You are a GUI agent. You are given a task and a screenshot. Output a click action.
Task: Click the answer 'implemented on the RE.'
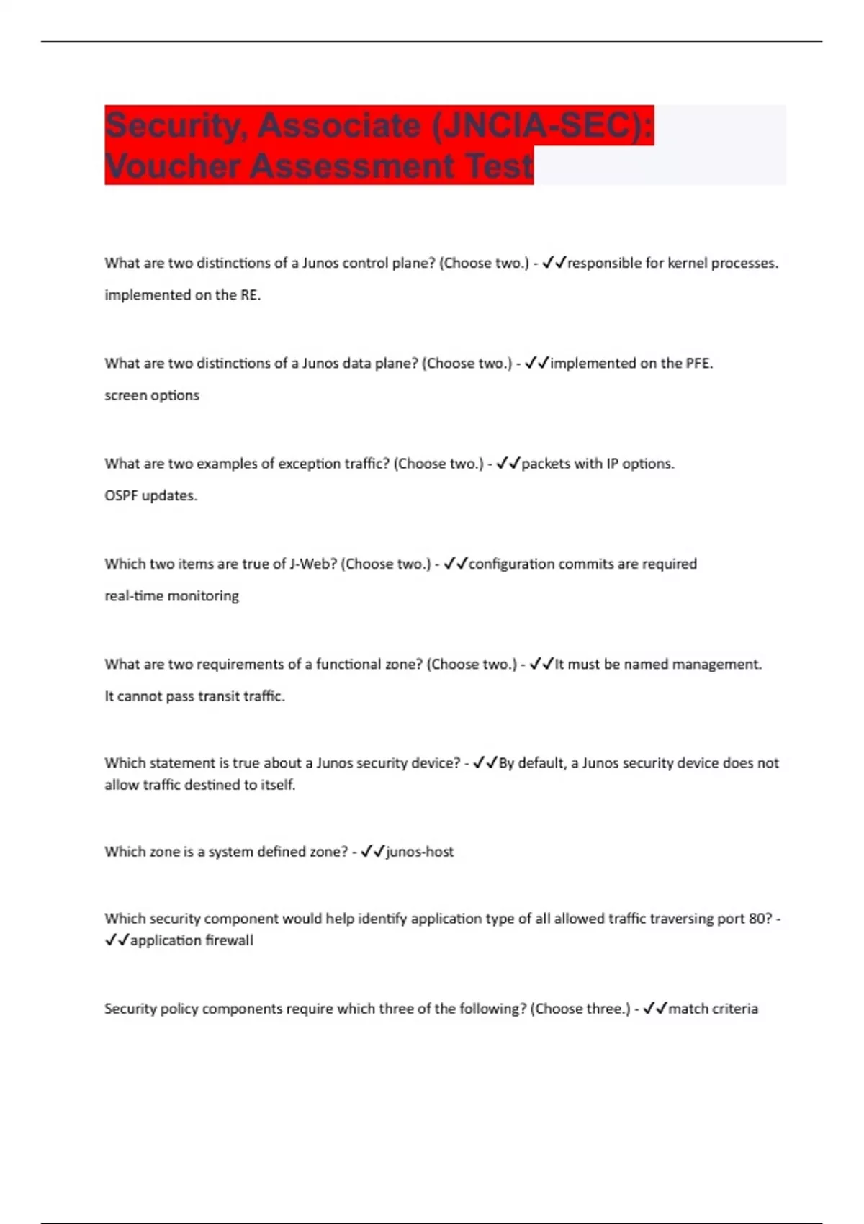pos(183,295)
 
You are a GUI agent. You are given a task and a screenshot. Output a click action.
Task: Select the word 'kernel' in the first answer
pos(687,264)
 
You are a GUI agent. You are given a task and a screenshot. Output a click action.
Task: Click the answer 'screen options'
pos(152,395)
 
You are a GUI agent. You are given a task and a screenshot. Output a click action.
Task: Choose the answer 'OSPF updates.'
pos(151,495)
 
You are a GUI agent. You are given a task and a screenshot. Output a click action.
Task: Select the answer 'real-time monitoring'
pos(172,596)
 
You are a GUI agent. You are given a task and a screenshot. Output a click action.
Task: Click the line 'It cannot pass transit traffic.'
pos(195,696)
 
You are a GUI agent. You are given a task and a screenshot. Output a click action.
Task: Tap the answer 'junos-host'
pos(420,852)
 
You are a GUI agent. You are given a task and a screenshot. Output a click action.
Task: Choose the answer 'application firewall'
pos(192,940)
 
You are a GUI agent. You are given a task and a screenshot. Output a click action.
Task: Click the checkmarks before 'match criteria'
pos(655,1009)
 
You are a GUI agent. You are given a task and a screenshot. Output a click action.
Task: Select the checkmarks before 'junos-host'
pos(373,852)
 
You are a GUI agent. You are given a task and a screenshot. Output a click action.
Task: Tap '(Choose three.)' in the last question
pos(580,1009)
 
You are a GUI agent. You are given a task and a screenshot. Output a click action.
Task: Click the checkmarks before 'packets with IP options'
pos(508,464)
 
